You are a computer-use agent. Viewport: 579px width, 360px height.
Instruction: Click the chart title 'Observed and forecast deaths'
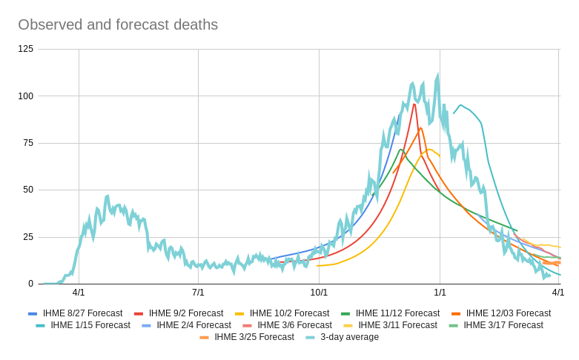118,24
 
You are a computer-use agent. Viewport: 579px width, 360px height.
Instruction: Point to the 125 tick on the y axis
26,49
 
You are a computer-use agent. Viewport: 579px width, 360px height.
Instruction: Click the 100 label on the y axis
26,96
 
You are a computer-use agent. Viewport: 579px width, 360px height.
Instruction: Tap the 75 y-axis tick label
28,143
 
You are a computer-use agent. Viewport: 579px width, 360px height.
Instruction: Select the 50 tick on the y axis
28,190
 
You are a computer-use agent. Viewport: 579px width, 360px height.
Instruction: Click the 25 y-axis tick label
28,237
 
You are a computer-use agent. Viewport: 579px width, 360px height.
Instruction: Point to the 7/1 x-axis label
198,293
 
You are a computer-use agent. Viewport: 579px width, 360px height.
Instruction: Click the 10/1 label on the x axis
319,293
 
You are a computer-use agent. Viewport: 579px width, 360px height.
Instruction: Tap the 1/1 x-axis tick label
440,293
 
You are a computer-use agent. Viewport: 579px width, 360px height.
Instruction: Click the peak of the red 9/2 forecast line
414,104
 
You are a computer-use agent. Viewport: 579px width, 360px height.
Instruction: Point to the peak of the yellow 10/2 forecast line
429,150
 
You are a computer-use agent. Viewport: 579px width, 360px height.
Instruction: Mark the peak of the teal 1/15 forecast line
461,105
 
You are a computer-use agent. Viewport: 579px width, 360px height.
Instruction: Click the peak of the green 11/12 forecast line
401,150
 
